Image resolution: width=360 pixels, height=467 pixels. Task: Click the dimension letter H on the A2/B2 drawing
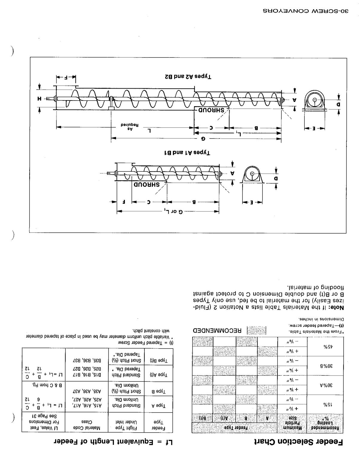(39, 98)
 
